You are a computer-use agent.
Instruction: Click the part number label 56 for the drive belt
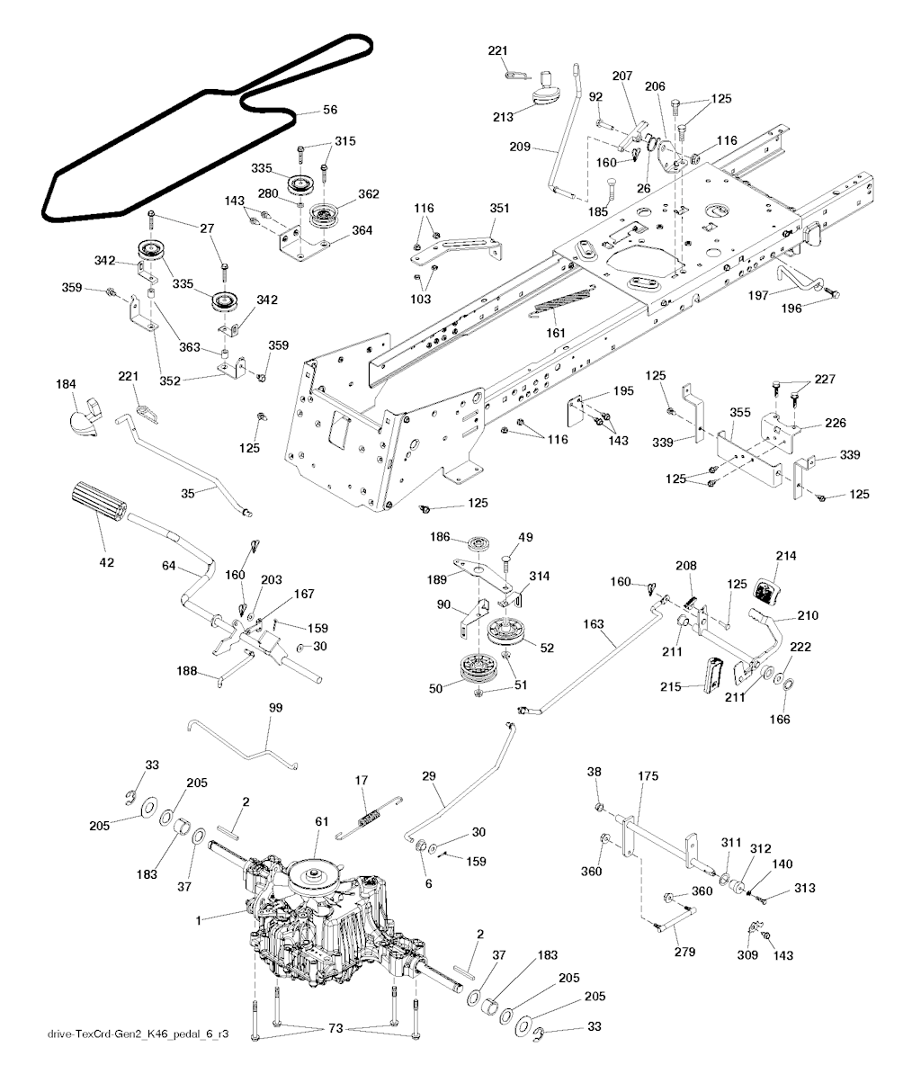click(x=330, y=110)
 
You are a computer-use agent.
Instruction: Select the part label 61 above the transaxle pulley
click(x=322, y=821)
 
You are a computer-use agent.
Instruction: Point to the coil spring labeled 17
click(x=369, y=817)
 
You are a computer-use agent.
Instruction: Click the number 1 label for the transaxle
click(x=199, y=920)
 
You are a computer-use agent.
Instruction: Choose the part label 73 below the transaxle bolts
click(x=335, y=1028)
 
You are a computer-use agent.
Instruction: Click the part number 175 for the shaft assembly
click(x=648, y=776)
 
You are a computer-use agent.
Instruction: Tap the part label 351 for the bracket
click(x=500, y=208)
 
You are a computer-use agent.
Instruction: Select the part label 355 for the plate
click(x=740, y=412)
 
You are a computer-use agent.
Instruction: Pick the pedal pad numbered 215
click(x=713, y=674)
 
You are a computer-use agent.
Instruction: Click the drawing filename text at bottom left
click(x=138, y=1034)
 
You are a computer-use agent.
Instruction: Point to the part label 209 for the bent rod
click(x=520, y=147)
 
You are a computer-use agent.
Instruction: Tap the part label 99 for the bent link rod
click(x=275, y=708)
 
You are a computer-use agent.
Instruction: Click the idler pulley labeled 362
click(x=325, y=215)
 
